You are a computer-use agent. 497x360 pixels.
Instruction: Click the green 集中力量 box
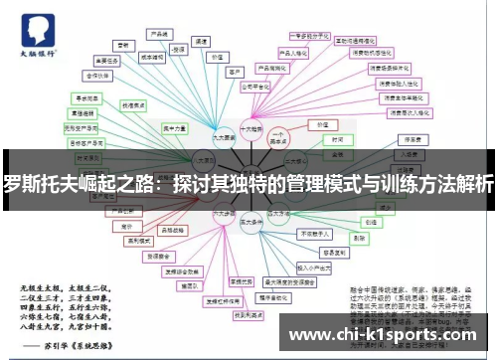tap(175, 127)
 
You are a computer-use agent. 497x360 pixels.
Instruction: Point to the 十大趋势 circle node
tap(250, 128)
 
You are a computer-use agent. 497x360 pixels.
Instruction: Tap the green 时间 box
tap(337, 140)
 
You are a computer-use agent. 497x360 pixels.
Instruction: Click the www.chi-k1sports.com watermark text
tap(389, 334)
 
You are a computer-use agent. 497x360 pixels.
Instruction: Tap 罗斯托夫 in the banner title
tap(50, 184)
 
